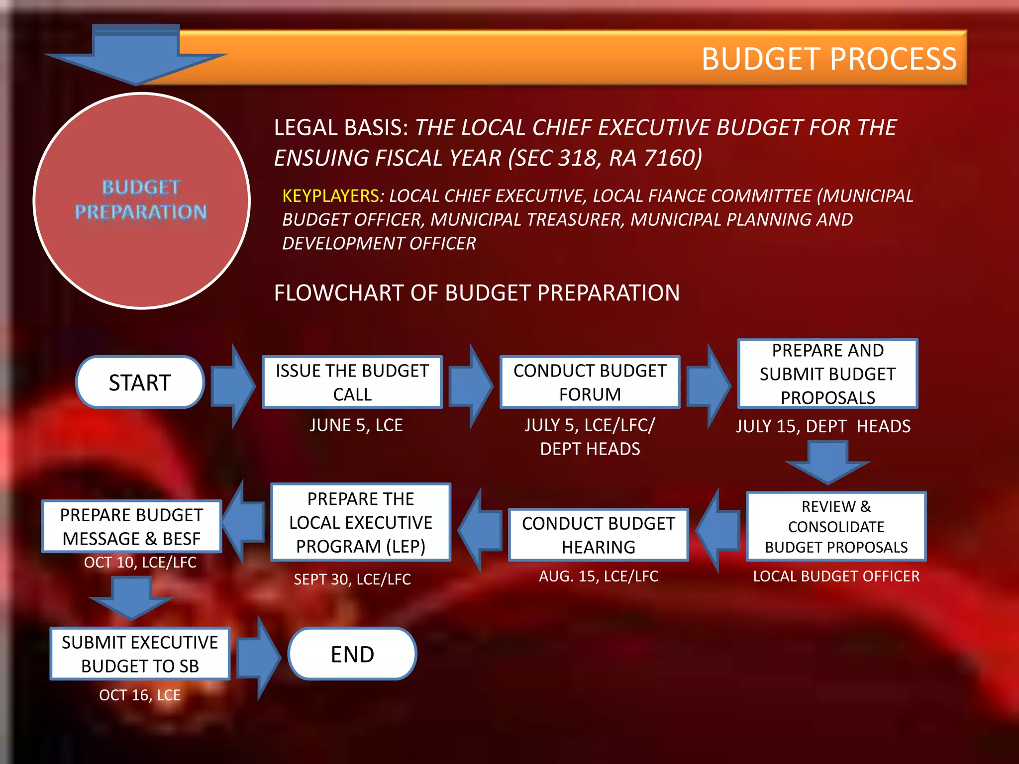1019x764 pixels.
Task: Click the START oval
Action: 140,382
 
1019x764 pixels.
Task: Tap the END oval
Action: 352,654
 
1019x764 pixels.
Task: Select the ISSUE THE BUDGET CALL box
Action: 352,382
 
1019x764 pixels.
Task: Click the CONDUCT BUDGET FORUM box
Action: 590,382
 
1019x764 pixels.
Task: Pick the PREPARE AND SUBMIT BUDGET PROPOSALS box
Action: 827,374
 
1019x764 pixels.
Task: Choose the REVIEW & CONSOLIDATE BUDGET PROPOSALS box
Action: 836,527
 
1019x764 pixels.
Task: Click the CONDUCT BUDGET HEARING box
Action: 598,535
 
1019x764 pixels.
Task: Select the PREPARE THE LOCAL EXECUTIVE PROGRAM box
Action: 361,522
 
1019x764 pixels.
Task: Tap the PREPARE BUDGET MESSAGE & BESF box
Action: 131,527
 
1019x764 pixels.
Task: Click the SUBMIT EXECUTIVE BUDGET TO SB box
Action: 140,654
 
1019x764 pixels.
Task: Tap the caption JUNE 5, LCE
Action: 356,425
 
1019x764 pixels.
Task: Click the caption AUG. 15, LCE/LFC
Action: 599,576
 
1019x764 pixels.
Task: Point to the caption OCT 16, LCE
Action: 140,695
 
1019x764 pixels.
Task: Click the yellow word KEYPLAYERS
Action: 331,196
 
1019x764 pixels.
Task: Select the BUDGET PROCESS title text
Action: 829,59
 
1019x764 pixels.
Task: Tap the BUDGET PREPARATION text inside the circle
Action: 141,200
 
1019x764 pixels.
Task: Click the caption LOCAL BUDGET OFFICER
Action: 836,576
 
